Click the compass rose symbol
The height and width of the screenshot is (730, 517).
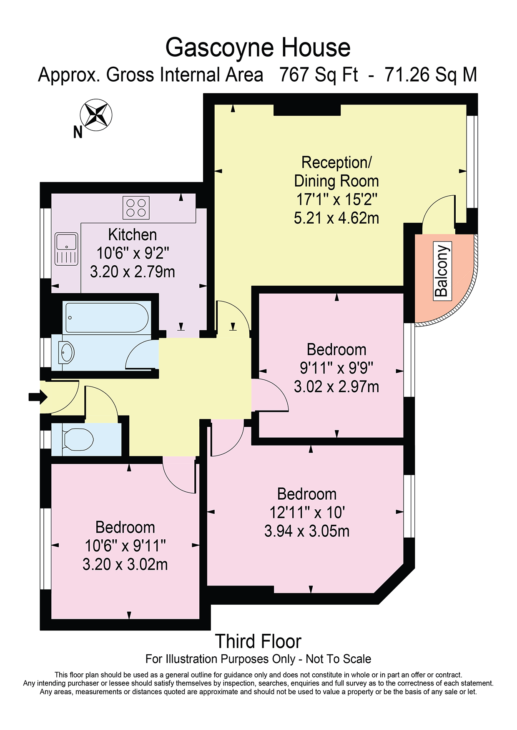pyautogui.click(x=96, y=115)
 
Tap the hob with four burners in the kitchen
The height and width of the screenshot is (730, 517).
pyautogui.click(x=136, y=208)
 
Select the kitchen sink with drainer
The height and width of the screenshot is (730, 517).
pyautogui.click(x=66, y=249)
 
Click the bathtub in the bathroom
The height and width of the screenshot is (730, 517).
pyautogui.click(x=107, y=317)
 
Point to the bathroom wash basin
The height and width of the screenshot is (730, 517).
pyautogui.click(x=66, y=353)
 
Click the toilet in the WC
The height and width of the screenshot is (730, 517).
pyautogui.click(x=78, y=440)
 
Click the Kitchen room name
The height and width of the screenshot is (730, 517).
pyautogui.click(x=133, y=235)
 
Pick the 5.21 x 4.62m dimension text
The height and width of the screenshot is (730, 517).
pyautogui.click(x=336, y=218)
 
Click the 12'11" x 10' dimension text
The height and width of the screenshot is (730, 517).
pyautogui.click(x=307, y=513)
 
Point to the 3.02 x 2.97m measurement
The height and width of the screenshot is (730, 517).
pyautogui.click(x=336, y=386)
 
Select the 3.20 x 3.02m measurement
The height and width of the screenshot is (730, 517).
pyautogui.click(x=125, y=564)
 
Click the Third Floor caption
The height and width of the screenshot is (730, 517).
pyautogui.click(x=258, y=641)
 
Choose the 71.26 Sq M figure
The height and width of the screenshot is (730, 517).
pyautogui.click(x=431, y=75)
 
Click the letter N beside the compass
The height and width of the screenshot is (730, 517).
pyautogui.click(x=78, y=132)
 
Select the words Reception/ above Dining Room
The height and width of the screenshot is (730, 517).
pyautogui.click(x=336, y=162)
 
